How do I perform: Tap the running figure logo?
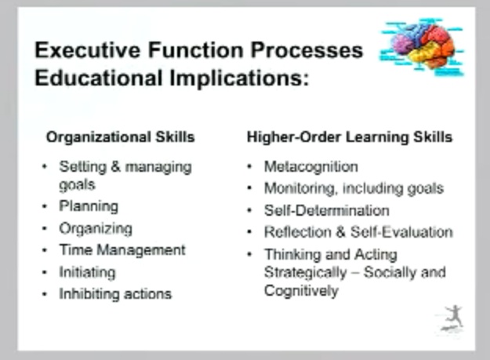click(452, 318)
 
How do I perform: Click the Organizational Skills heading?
click(120, 136)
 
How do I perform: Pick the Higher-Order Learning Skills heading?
click(349, 136)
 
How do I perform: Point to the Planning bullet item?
click(89, 206)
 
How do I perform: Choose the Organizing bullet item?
click(96, 228)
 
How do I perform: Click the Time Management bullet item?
click(122, 250)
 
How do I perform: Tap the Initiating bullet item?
click(87, 272)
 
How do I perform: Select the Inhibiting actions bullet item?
click(115, 294)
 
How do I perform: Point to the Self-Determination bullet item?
click(326, 210)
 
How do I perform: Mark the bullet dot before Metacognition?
click(249, 166)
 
